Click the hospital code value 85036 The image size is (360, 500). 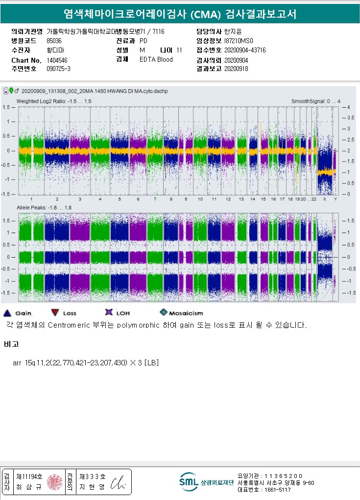(x=54, y=41)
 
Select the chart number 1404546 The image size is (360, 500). (x=57, y=60)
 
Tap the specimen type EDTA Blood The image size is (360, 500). (x=156, y=59)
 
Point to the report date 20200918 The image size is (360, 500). (x=236, y=69)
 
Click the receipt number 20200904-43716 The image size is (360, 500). (x=245, y=50)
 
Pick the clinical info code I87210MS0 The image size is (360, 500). (x=239, y=41)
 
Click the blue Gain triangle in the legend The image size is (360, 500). (x=7, y=313)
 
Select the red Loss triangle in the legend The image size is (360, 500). (x=54, y=313)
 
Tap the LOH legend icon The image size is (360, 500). (x=109, y=312)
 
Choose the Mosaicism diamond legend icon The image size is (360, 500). (x=164, y=312)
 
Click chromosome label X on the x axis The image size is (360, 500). (x=325, y=199)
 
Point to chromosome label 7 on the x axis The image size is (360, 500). (x=155, y=199)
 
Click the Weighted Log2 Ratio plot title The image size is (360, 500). (x=54, y=101)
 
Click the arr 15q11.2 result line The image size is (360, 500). (x=86, y=363)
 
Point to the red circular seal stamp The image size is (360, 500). (x=55, y=482)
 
